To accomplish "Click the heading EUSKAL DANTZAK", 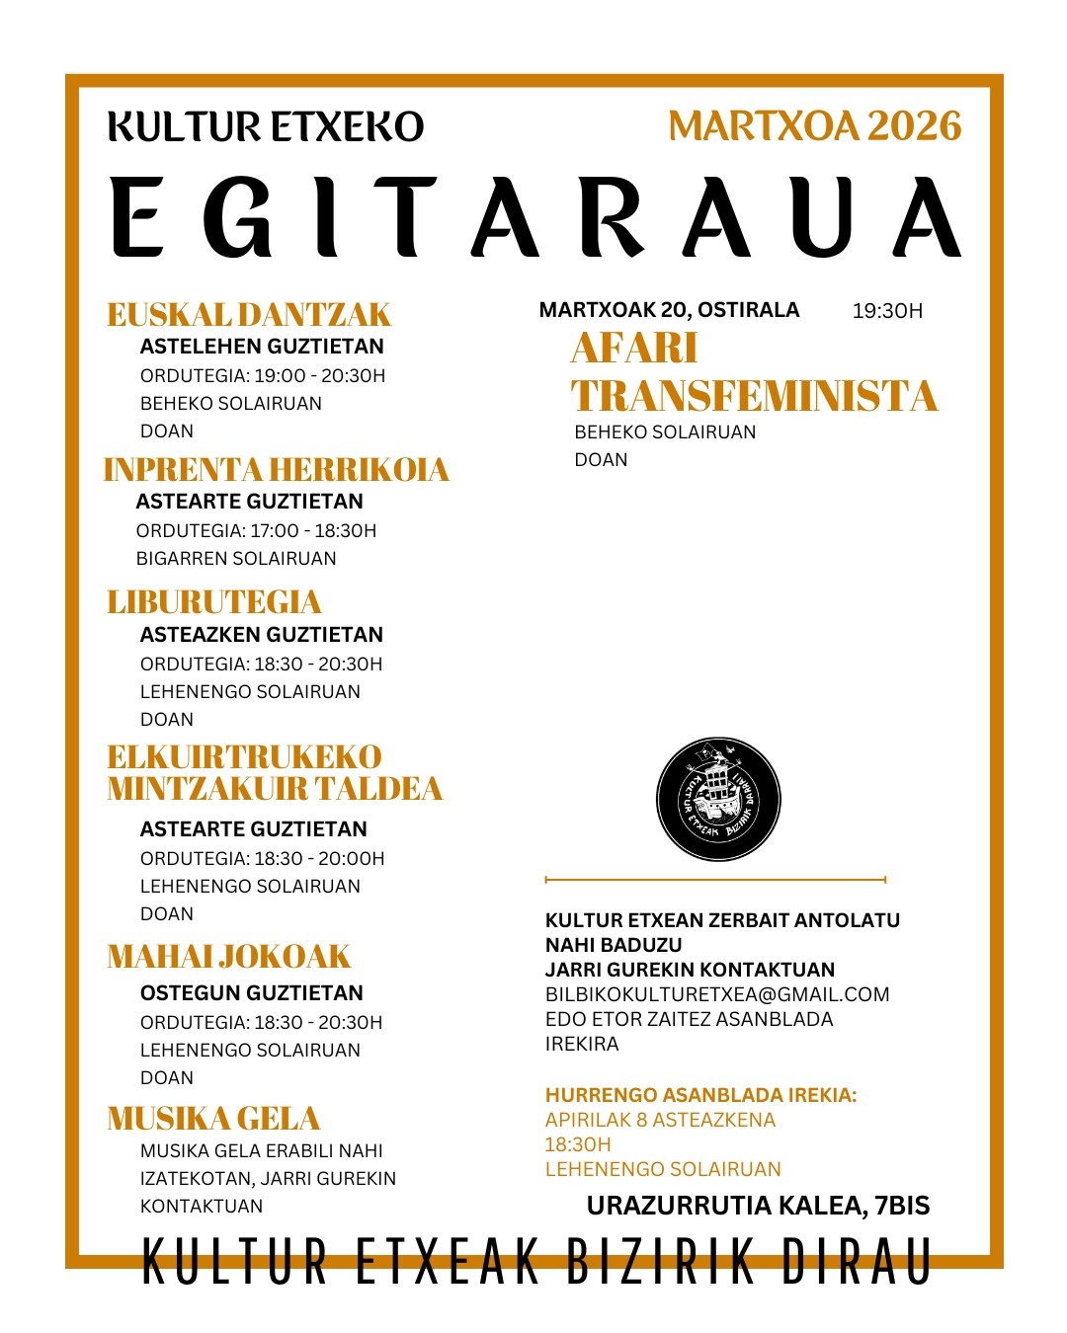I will coord(249,315).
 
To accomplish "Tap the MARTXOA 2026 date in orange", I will coord(814,126).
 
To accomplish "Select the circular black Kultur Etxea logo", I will coord(718,799).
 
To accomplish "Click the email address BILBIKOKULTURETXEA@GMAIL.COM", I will coord(717,994).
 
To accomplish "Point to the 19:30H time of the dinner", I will coord(887,311).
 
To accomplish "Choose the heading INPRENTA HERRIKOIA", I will coord(276,470).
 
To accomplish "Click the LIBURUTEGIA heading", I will coord(214,602).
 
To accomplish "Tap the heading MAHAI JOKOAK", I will coord(229,957).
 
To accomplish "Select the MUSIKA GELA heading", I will coord(213,1119).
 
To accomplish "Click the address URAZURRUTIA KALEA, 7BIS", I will coord(758,1206).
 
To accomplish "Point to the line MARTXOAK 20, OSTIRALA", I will coord(669,310).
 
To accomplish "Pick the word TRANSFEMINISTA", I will coord(754,396).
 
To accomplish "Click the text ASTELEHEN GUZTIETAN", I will coord(262,347).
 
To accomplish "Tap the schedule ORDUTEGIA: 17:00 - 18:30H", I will coord(256,531).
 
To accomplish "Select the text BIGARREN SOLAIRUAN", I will coord(236,559).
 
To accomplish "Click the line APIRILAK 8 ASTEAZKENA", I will coord(660,1120).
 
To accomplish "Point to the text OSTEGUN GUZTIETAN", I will coord(252,993).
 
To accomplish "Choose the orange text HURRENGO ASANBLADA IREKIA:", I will coord(700,1095).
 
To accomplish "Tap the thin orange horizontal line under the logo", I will coord(715,879).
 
